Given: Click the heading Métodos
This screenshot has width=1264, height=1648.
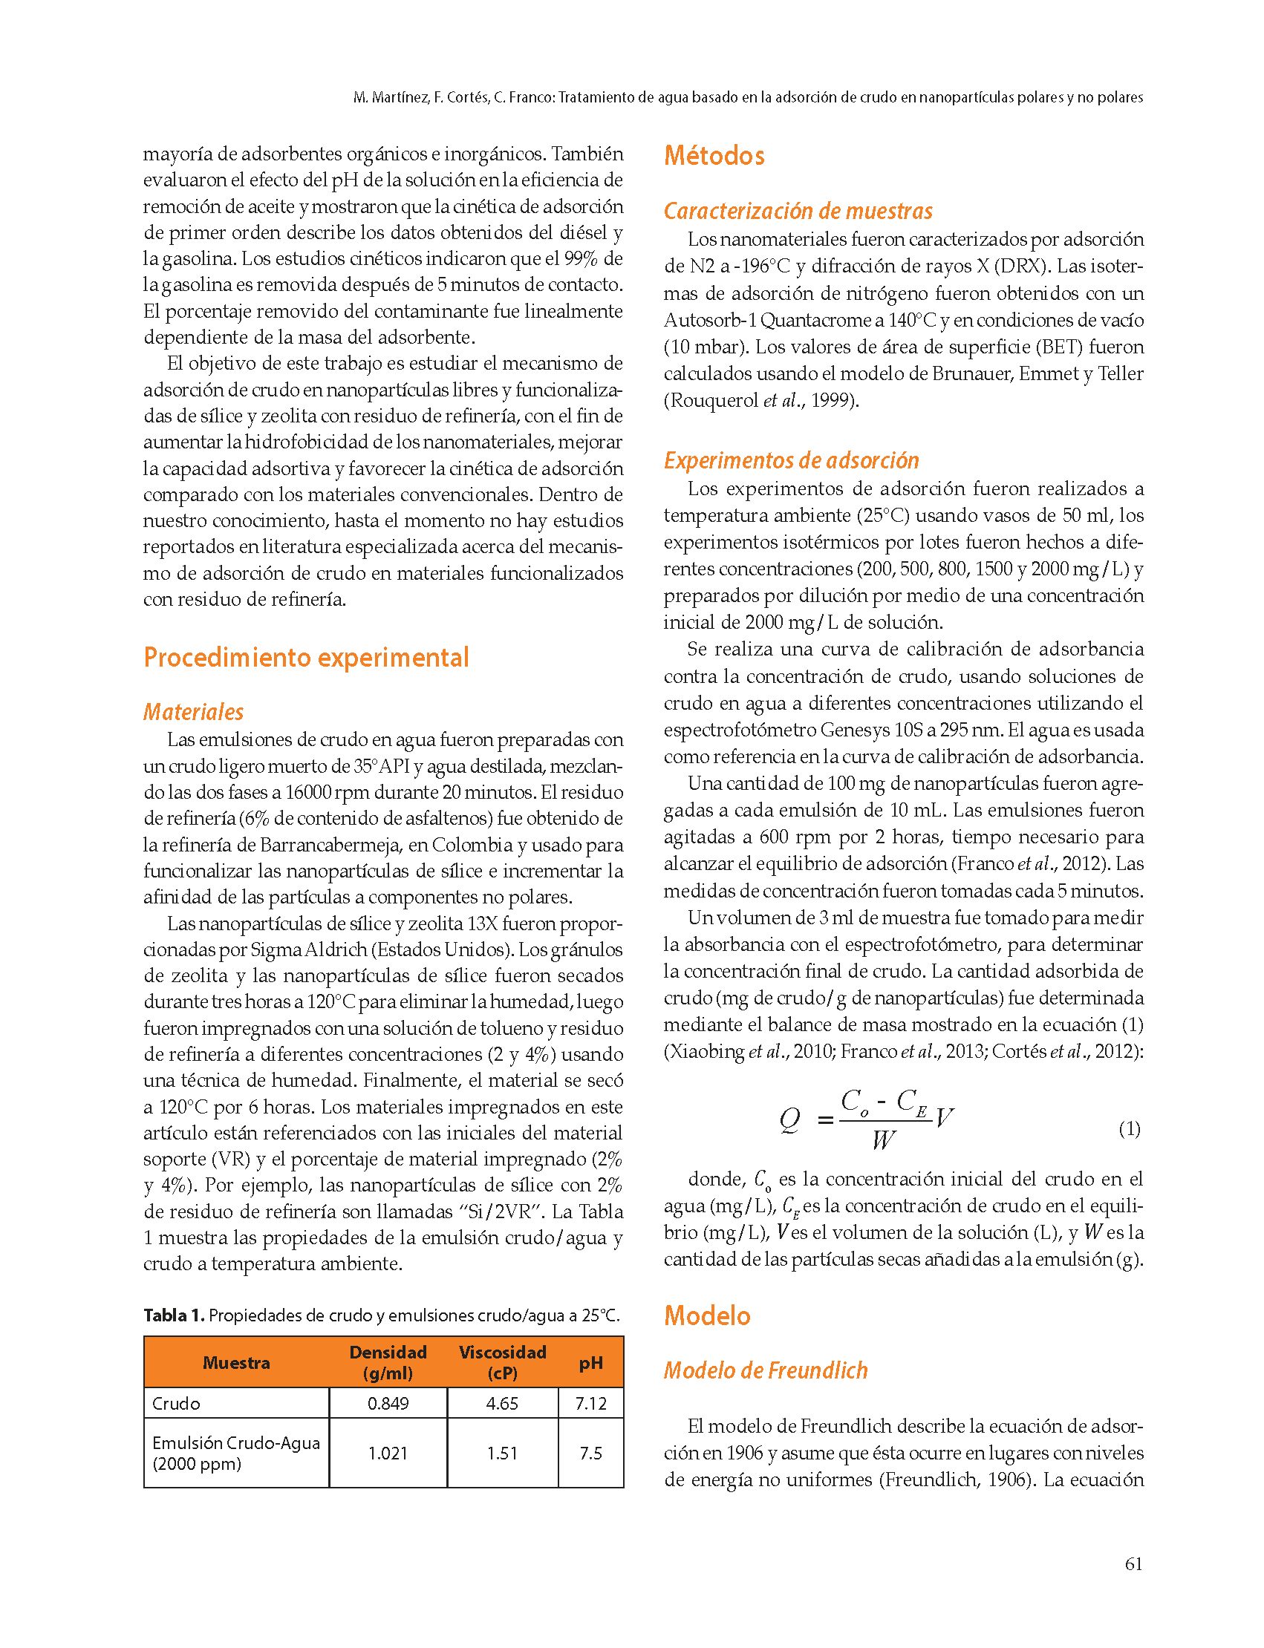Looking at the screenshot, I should [713, 156].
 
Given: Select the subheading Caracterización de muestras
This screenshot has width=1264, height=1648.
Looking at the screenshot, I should [798, 211].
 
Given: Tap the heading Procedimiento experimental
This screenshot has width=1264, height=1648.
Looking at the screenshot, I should [306, 658].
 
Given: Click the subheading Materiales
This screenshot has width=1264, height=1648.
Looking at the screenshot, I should [193, 712].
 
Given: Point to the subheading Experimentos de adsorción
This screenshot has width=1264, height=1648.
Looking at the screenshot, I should [791, 460].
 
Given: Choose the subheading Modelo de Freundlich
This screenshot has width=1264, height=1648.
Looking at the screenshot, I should [765, 1370].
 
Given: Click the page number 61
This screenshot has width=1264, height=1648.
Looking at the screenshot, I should [1133, 1565].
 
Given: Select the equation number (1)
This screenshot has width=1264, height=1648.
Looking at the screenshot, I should [1130, 1128].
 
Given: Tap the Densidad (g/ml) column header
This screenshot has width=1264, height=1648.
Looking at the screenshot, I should [388, 1362].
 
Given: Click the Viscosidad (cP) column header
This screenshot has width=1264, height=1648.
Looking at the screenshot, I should [502, 1362].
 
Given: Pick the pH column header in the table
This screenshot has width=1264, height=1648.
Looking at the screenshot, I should [590, 1363].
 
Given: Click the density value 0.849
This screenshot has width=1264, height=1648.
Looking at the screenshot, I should [388, 1404].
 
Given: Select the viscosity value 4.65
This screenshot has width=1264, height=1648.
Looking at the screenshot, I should [502, 1404].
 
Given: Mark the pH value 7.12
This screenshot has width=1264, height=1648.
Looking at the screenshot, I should [590, 1404].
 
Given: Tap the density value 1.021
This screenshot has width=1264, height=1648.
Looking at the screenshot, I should [388, 1454].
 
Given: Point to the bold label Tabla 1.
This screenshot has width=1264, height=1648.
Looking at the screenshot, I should [174, 1315].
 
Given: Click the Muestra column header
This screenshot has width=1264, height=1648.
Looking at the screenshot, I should [235, 1363].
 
